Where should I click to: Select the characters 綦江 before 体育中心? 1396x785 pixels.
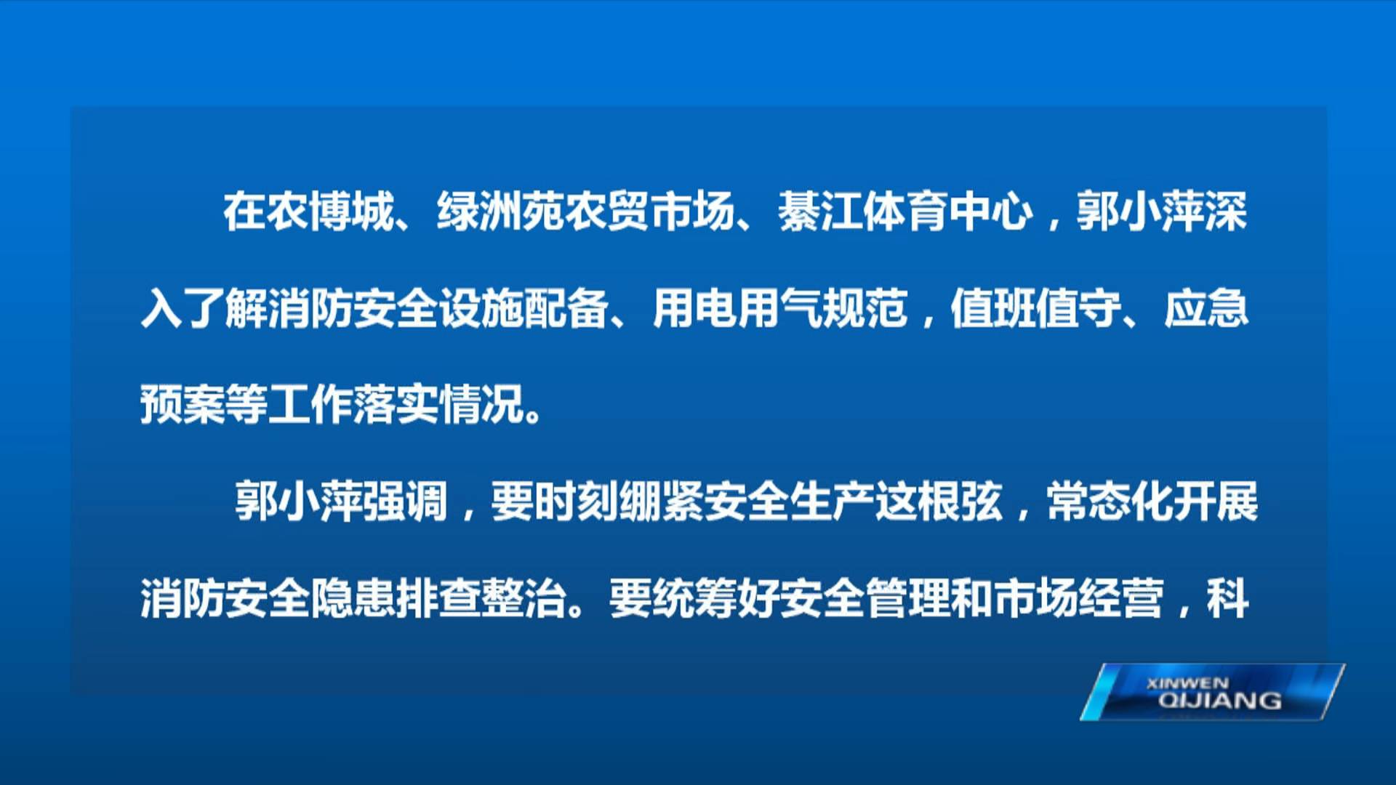click(x=820, y=212)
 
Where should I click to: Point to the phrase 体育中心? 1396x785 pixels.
click(x=948, y=212)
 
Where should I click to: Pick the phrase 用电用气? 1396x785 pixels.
click(x=737, y=308)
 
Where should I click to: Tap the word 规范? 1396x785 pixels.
click(x=865, y=308)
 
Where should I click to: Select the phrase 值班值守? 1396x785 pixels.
click(x=1035, y=308)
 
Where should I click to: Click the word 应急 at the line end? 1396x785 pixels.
click(x=1206, y=308)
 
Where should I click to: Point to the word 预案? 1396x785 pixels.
click(x=182, y=404)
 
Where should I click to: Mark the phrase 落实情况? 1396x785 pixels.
click(x=440, y=404)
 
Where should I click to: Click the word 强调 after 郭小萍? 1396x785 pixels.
click(x=405, y=501)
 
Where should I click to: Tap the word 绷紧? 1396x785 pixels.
click(x=618, y=501)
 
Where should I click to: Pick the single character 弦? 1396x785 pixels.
click(x=982, y=501)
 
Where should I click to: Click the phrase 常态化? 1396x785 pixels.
click(x=1110, y=501)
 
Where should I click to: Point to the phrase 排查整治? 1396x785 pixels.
click(x=481, y=598)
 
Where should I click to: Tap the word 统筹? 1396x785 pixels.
click(x=695, y=598)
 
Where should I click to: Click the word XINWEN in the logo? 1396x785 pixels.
click(x=1187, y=683)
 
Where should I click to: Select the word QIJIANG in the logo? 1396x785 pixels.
click(x=1220, y=701)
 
